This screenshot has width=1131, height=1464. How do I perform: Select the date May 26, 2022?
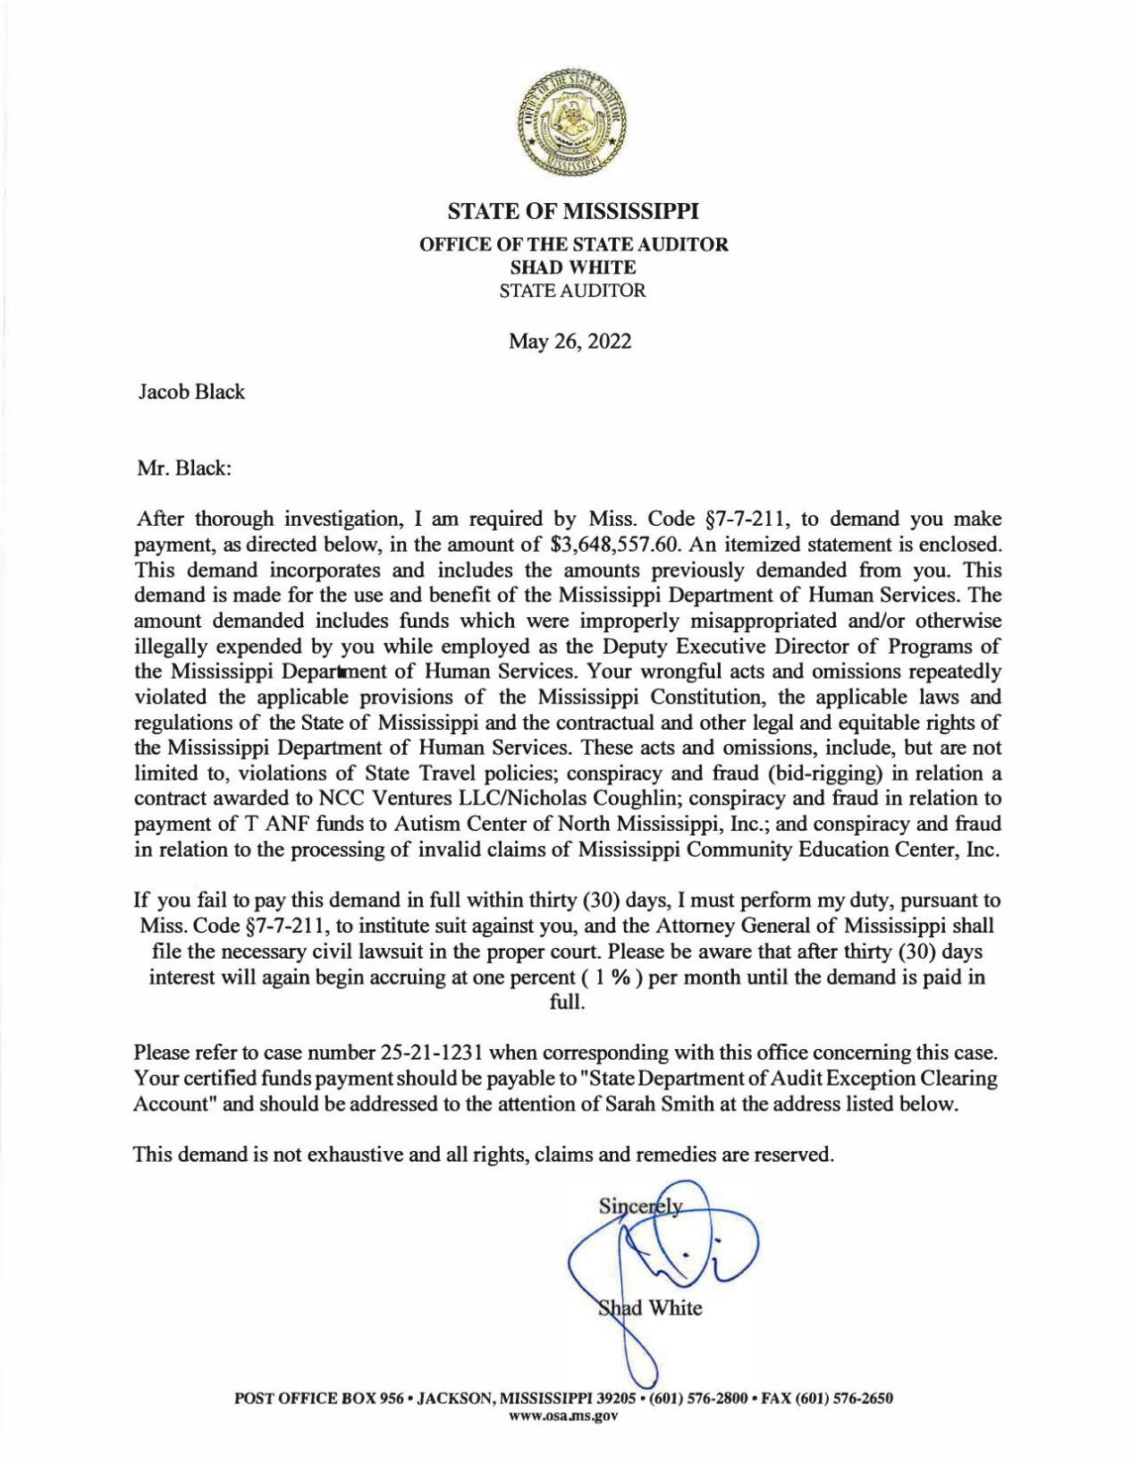[570, 341]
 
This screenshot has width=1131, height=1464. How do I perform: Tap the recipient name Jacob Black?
[191, 392]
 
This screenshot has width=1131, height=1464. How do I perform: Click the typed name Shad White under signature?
[650, 1308]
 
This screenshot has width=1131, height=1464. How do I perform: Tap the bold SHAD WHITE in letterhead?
[572, 267]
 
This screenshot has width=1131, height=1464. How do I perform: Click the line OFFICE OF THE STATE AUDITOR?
[574, 243]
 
